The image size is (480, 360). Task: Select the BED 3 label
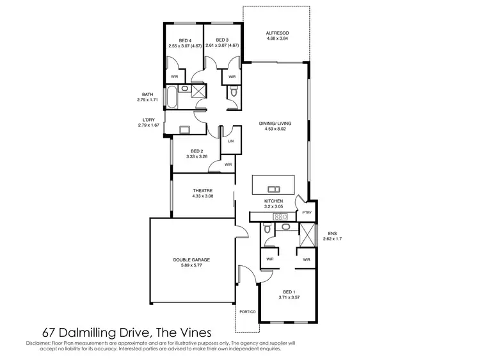coord(222,40)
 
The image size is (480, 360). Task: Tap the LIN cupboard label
coord(230,142)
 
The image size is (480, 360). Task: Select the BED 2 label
coord(196,151)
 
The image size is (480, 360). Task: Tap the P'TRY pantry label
coord(307,212)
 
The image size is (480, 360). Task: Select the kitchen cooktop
coord(280,217)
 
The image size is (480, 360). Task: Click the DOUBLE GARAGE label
coord(191,259)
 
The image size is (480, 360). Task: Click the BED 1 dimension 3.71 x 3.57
coord(289,298)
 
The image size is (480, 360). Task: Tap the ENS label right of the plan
coord(332,233)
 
